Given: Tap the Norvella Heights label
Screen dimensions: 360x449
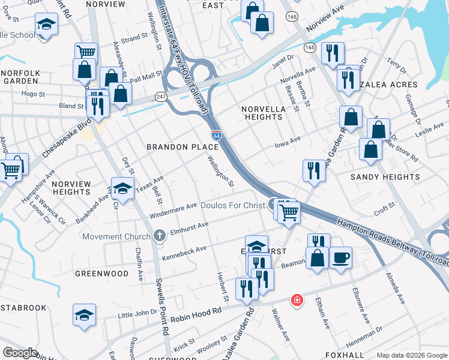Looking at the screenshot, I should [x=262, y=113].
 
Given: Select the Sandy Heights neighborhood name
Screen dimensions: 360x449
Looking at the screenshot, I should [x=385, y=177].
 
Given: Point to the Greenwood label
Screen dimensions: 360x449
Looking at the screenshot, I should [x=101, y=274].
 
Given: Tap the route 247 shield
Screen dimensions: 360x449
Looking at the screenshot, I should [x=162, y=95].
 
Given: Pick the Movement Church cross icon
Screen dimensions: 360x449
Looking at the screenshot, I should [x=159, y=236].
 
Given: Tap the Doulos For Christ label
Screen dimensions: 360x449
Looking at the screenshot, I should [x=234, y=206].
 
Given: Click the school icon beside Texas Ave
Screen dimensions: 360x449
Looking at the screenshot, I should [x=122, y=188].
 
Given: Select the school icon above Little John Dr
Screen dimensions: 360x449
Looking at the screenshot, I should [x=84, y=314].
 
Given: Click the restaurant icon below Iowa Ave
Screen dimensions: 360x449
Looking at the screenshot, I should [x=315, y=170].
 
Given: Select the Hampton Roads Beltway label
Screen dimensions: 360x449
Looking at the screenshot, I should [x=390, y=240].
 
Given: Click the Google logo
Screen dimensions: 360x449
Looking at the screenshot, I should [x=20, y=352].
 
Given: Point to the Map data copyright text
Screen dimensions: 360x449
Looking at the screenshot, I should [x=411, y=355].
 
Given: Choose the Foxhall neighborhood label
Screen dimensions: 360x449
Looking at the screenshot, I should [x=345, y=355].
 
